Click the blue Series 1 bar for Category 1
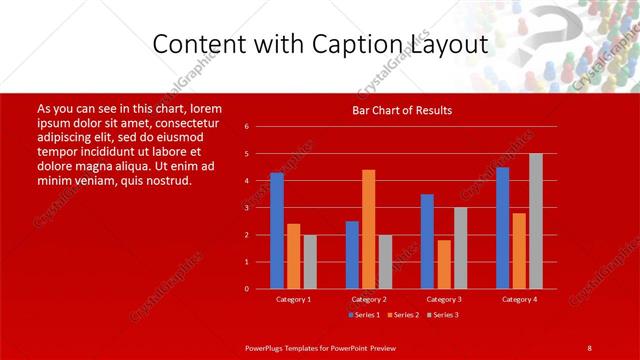click(277, 230)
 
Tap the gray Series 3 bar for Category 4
click(536, 220)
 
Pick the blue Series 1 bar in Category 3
click(427, 241)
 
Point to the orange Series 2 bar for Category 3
click(444, 264)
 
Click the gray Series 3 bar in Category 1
click(310, 261)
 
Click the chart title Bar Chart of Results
click(402, 110)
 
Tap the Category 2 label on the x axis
click(368, 299)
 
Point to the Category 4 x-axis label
click(519, 299)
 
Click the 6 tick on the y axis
click(246, 127)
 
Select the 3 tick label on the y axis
click(246, 208)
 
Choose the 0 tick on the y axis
click(246, 289)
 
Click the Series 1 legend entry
click(362, 315)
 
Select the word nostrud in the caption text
click(160, 181)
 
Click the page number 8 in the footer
click(590, 347)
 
